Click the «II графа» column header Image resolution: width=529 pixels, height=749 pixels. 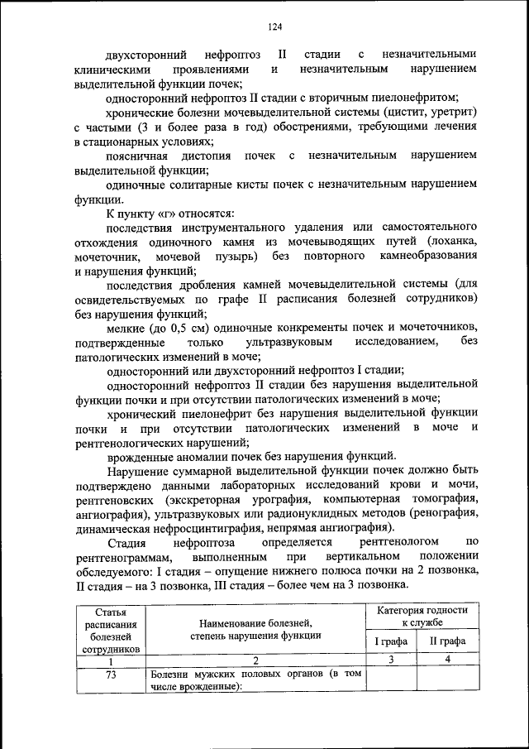447,641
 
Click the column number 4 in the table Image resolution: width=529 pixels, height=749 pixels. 447,660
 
